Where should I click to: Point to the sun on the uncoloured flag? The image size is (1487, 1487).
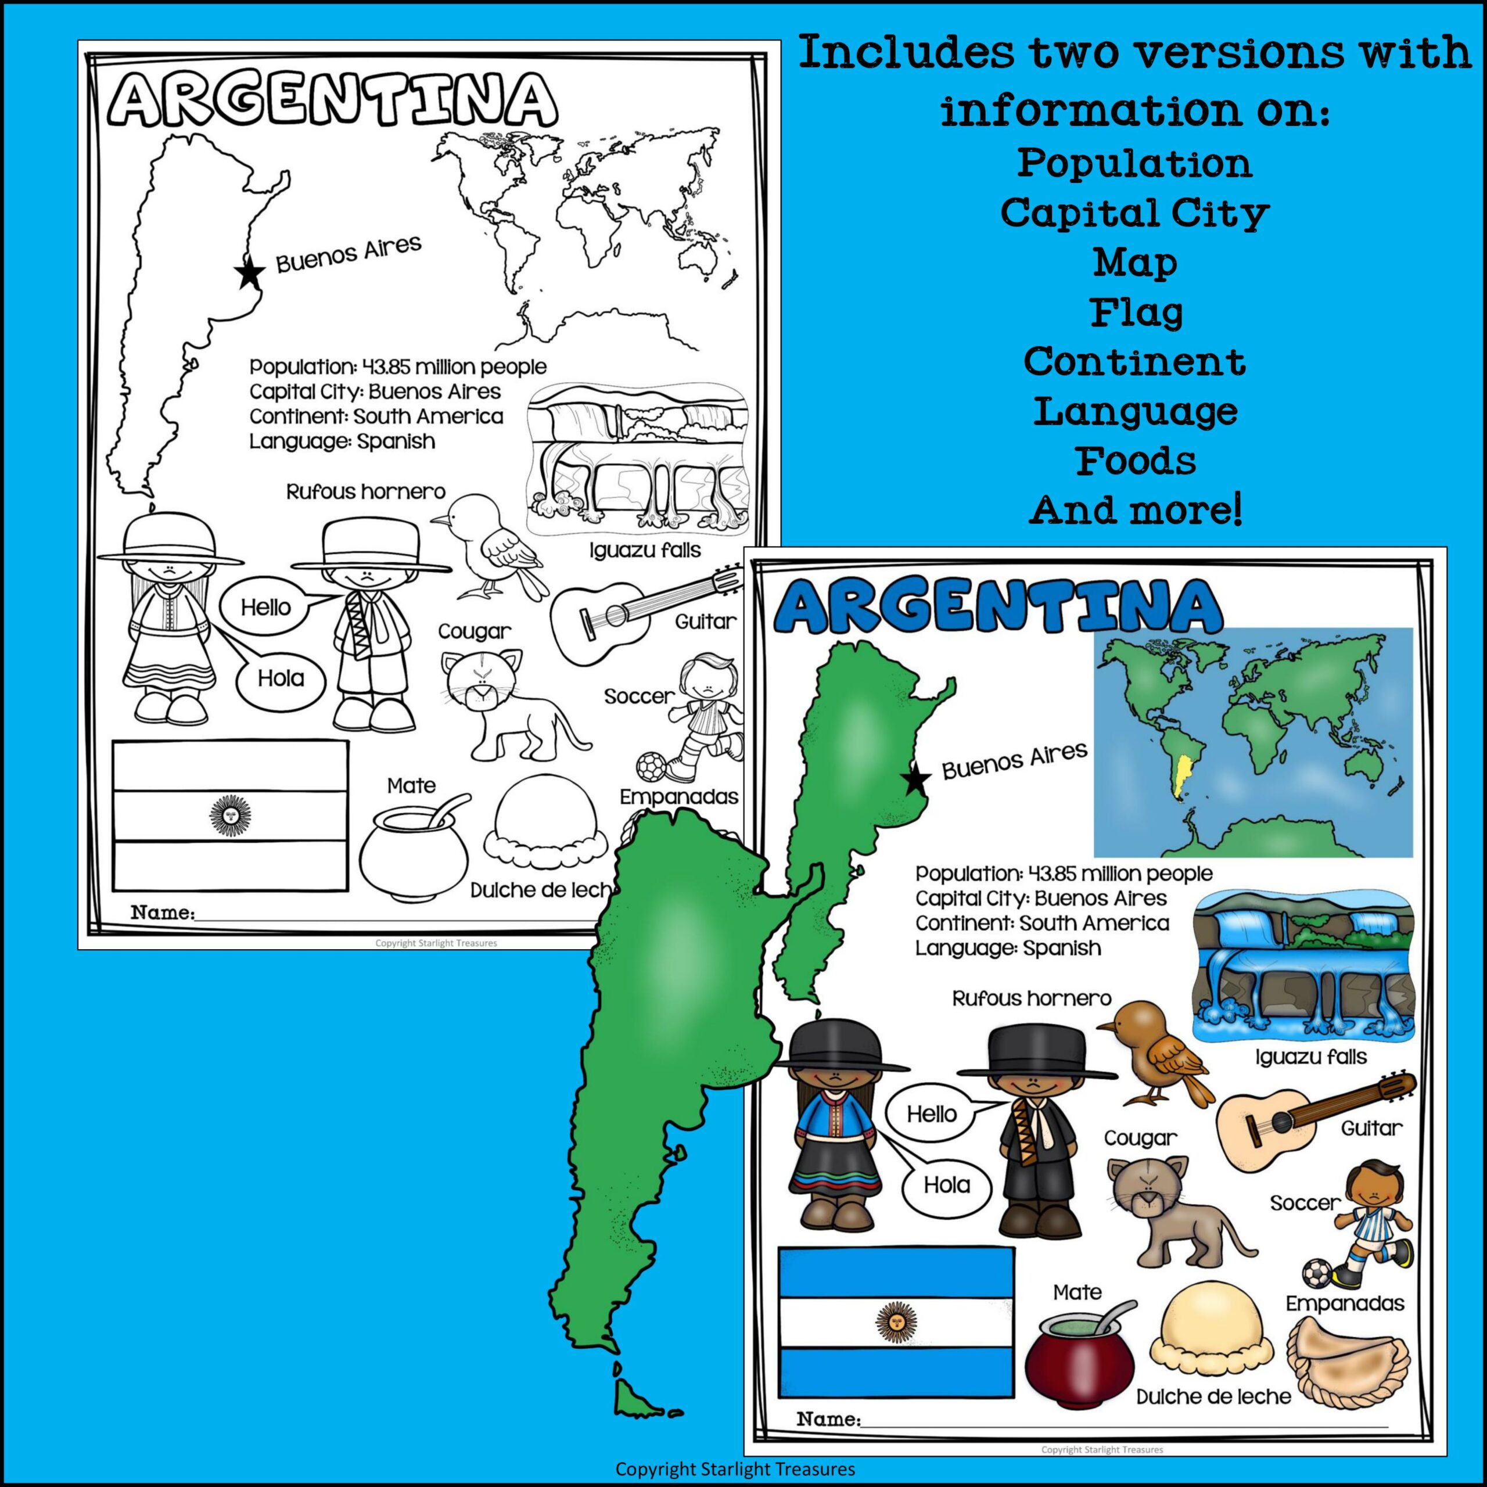(x=229, y=814)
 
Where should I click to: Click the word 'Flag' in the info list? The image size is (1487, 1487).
(x=1136, y=313)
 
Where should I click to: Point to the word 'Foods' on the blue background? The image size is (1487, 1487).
(x=1136, y=460)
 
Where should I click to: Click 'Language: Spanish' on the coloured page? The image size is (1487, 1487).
(x=1007, y=948)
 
